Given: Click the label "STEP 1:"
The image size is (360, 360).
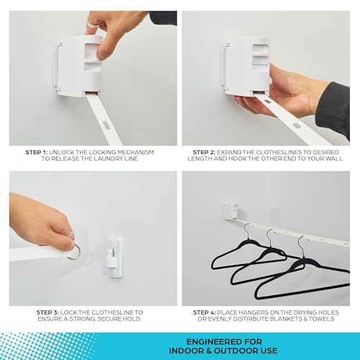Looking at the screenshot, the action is click(37, 152).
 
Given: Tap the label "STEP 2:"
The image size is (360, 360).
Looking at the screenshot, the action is click(204, 152).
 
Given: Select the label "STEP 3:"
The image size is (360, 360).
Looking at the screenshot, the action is click(48, 312).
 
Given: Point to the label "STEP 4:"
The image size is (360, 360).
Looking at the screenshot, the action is click(204, 312).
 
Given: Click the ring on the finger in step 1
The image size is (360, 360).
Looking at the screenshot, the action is click(91, 22).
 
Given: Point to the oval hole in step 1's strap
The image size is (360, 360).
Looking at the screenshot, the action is click(105, 125).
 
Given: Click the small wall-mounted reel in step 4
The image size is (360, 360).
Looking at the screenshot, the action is click(232, 211).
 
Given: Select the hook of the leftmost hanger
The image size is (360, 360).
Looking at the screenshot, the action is click(248, 232).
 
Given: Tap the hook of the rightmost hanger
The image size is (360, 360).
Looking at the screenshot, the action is click(302, 246).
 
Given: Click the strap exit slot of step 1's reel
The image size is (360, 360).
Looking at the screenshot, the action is click(92, 92).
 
